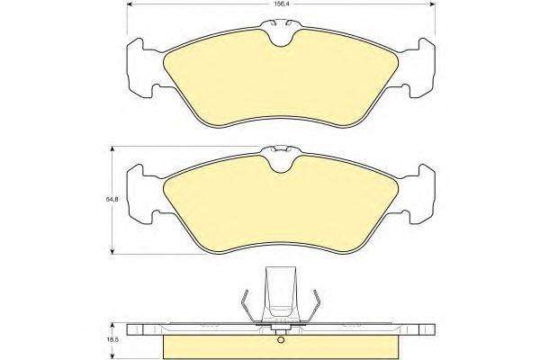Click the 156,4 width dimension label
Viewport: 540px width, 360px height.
tap(281, 4)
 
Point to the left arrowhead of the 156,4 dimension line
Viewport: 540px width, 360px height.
tap(130, 4)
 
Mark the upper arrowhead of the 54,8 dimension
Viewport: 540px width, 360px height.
tap(112, 149)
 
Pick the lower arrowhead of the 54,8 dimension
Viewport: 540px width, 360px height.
tap(112, 251)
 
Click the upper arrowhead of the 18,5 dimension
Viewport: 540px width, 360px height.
tap(112, 326)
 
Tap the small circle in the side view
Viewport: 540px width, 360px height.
tap(281, 340)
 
